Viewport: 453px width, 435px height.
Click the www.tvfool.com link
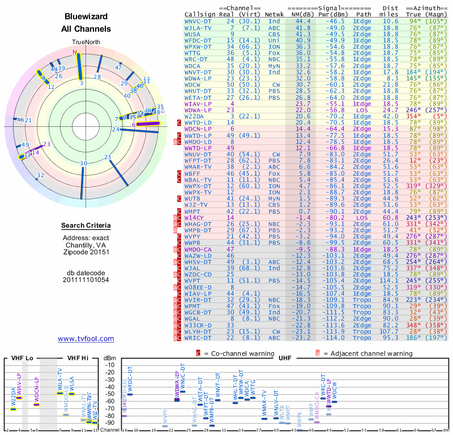coord(86,339)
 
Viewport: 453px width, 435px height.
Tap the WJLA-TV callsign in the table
coord(198,27)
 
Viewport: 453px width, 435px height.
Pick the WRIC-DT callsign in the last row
coord(198,338)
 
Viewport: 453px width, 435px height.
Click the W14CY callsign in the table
coord(196,217)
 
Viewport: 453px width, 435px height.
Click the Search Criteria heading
coord(86,226)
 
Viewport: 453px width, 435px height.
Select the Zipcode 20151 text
coord(86,252)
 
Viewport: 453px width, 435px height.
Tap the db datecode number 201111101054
coord(86,280)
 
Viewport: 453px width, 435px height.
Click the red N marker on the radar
coord(74,52)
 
